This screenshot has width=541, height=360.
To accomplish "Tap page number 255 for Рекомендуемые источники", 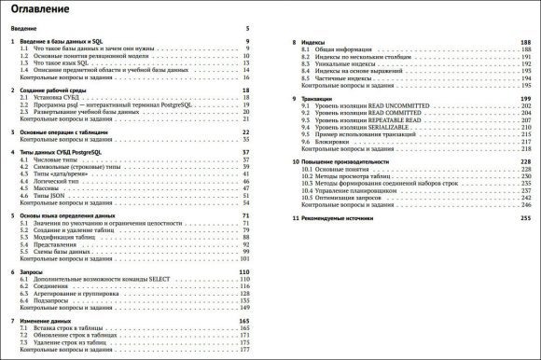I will [x=524, y=217].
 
